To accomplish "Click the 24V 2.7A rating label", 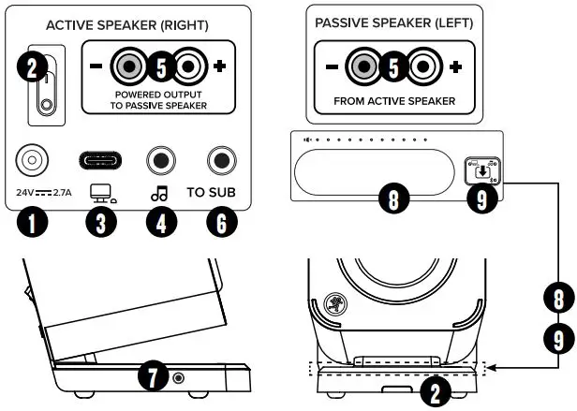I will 44,192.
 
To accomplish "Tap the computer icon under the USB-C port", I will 97,192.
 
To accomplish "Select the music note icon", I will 160,193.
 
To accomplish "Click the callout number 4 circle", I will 160,222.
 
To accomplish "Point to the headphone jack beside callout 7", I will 178,377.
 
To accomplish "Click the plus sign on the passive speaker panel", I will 455,67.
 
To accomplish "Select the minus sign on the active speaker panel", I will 96,67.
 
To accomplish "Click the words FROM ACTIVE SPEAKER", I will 393,100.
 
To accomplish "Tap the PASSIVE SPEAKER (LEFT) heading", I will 393,22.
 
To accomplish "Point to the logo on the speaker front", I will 334,303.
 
